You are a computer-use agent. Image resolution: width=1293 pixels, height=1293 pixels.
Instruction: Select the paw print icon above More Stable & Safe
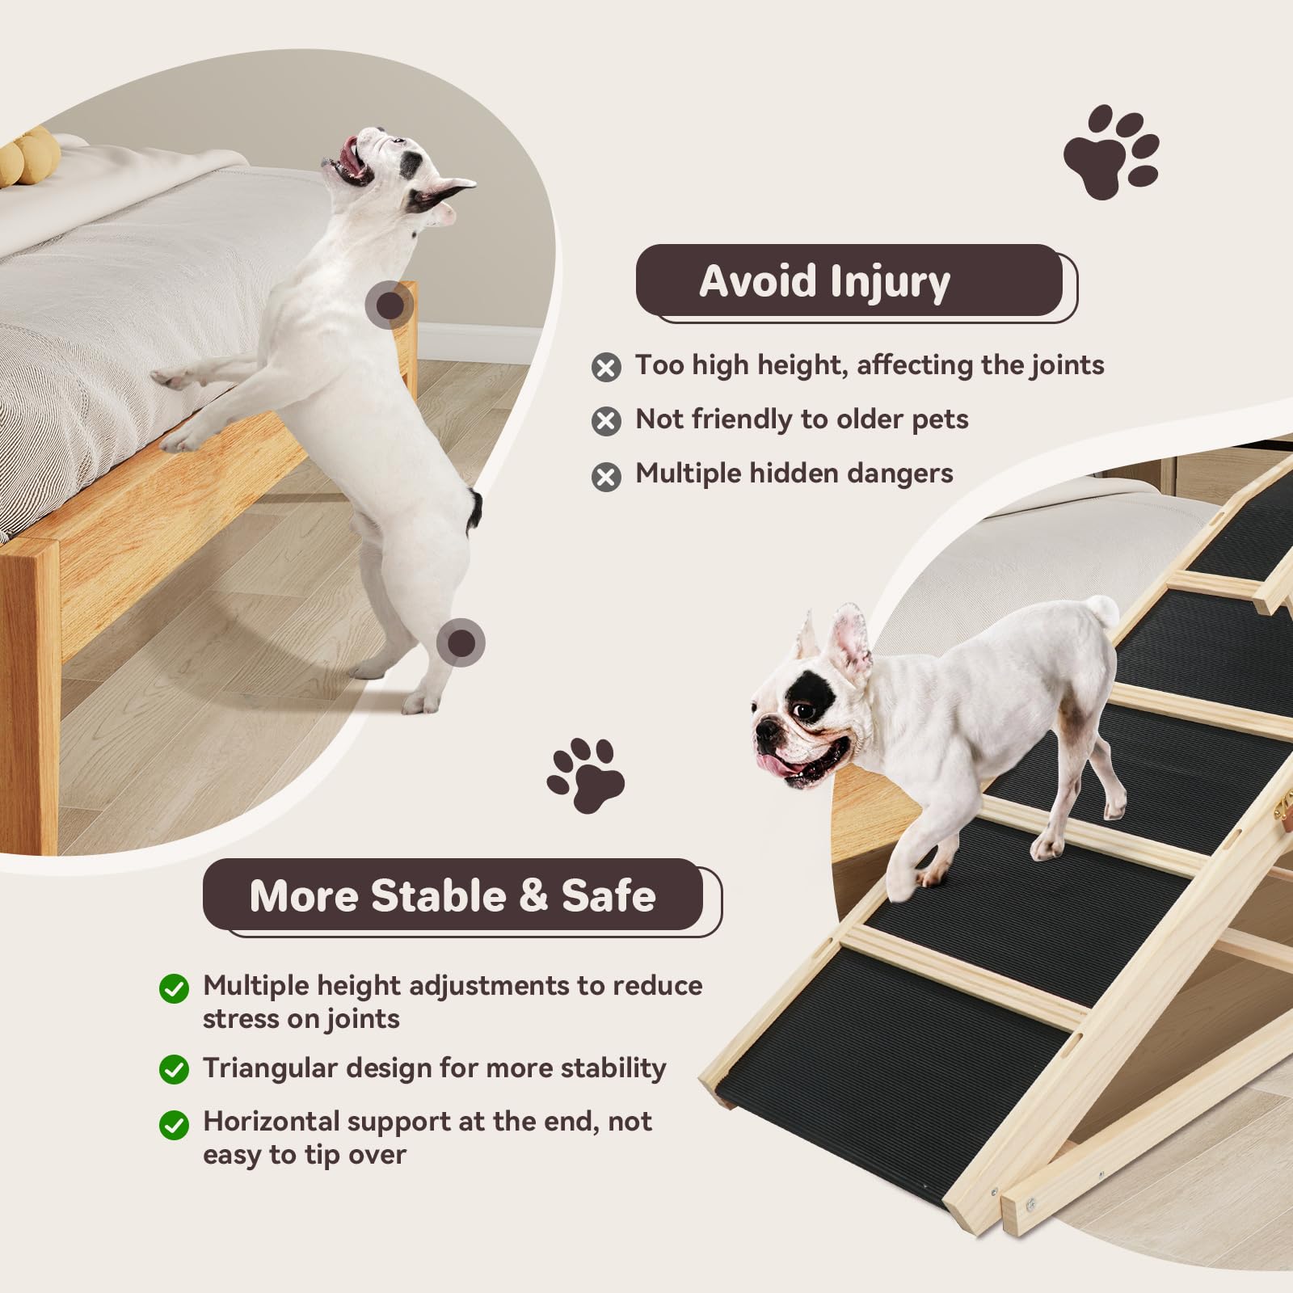586,774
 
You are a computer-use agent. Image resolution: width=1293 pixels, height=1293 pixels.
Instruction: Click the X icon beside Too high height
606,368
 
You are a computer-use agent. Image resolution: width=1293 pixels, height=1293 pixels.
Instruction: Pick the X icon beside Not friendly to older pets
606,421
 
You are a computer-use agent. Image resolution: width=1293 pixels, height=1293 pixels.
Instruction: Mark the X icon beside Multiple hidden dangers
606,477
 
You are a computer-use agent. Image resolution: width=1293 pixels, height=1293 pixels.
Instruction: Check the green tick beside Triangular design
174,1069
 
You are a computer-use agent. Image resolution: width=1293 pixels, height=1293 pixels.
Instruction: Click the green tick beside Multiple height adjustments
174,988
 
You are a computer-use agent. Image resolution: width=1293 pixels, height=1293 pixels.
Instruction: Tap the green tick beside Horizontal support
174,1124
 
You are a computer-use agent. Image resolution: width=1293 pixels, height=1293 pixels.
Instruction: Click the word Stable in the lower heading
439,895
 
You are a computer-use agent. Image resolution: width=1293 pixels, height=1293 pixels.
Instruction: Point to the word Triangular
269,1068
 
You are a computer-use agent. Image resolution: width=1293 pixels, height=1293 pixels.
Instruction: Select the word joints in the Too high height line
1067,365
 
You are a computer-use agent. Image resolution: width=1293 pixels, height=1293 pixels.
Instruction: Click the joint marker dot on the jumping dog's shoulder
390,305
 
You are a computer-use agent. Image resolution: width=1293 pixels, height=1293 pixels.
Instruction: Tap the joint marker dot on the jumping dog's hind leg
461,643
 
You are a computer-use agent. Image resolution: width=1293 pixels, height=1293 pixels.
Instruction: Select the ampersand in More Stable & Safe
533,895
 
